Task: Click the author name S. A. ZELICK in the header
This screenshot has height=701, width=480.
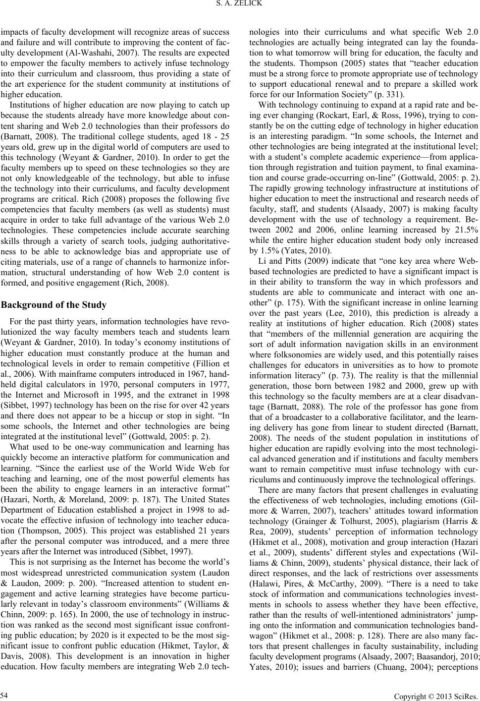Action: tap(240, 6)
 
